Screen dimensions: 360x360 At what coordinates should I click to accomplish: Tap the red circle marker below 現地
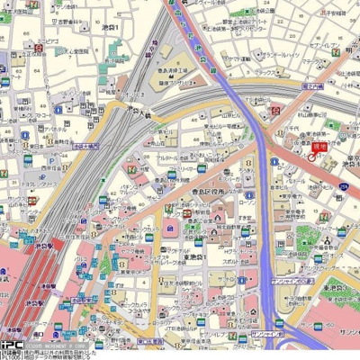[x=312, y=156]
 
